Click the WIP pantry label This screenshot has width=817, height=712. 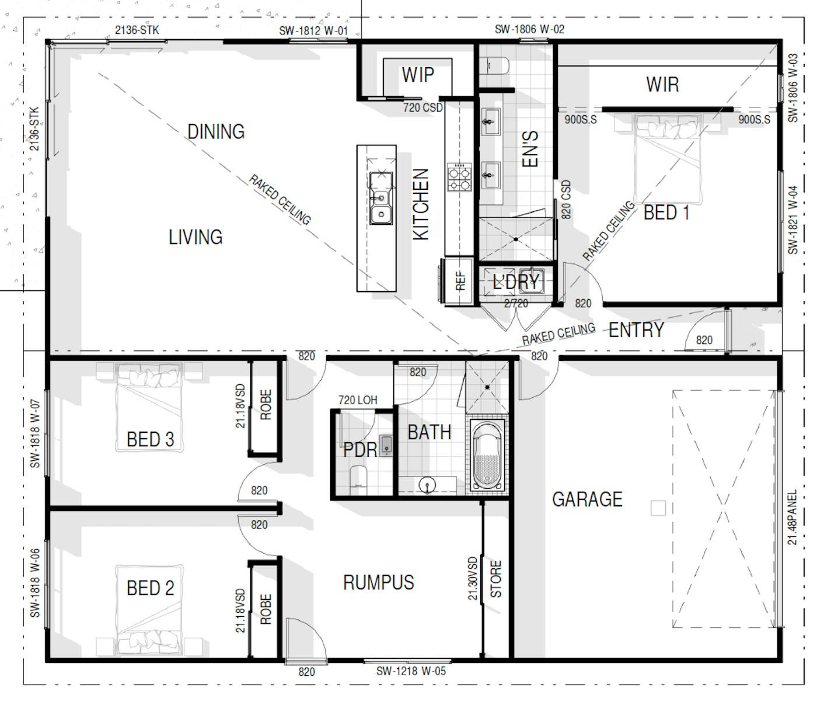[x=418, y=75]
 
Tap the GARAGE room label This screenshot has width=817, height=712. [x=587, y=499]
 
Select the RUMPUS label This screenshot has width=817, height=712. [x=379, y=582]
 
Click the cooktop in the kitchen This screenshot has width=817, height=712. [x=459, y=177]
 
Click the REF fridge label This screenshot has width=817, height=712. [x=460, y=280]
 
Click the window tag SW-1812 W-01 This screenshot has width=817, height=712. [x=313, y=31]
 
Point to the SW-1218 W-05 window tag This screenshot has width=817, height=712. [x=411, y=671]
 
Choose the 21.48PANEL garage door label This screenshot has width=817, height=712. [x=792, y=517]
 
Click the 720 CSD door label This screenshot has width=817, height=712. [x=423, y=107]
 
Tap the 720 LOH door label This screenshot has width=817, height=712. [x=358, y=400]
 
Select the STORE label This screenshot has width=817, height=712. [x=495, y=579]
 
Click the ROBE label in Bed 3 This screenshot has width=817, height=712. [x=266, y=405]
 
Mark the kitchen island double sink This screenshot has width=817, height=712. [x=381, y=198]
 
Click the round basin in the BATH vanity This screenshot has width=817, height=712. [x=427, y=485]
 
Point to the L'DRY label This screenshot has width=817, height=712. [x=516, y=283]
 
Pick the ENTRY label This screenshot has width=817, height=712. [x=636, y=330]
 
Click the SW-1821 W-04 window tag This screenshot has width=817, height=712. [x=792, y=220]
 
